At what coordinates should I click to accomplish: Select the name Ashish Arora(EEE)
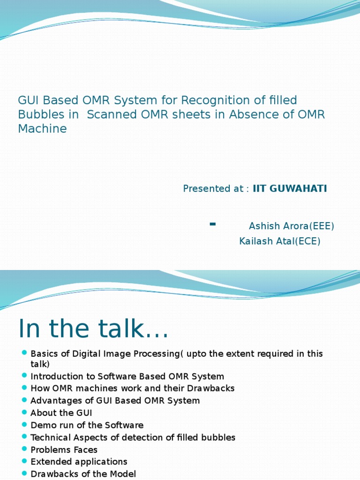291,226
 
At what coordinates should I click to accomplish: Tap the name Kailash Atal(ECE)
279,241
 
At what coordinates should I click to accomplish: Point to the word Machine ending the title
42,128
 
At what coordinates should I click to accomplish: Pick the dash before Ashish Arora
213,225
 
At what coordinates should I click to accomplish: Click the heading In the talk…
93,329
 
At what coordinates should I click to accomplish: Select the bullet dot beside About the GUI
24,412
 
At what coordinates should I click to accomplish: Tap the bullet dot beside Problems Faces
24,449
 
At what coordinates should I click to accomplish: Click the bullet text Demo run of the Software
87,425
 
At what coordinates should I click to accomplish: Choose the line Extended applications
79,462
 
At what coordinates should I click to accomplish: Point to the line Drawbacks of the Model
83,474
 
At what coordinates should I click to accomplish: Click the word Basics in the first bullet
43,353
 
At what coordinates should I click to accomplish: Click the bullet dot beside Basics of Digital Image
24,352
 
